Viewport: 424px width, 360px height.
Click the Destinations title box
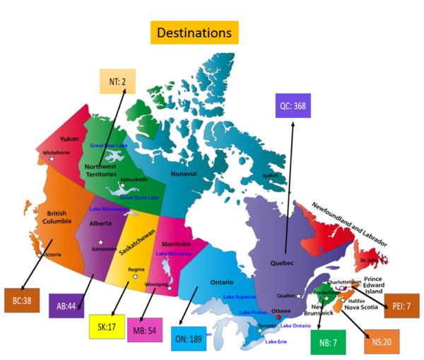coord(194,33)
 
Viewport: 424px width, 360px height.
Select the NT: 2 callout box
coord(117,82)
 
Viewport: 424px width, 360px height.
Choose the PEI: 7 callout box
coord(401,306)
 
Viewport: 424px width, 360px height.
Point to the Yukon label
coord(69,139)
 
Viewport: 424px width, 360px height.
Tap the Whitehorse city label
coord(57,152)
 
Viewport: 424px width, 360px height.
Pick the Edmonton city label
coord(103,248)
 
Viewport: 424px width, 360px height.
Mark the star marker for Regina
coord(135,277)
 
